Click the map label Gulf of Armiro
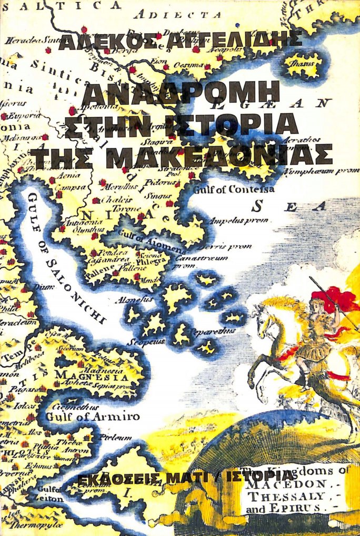coord(93,417)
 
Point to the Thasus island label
coord(304,64)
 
